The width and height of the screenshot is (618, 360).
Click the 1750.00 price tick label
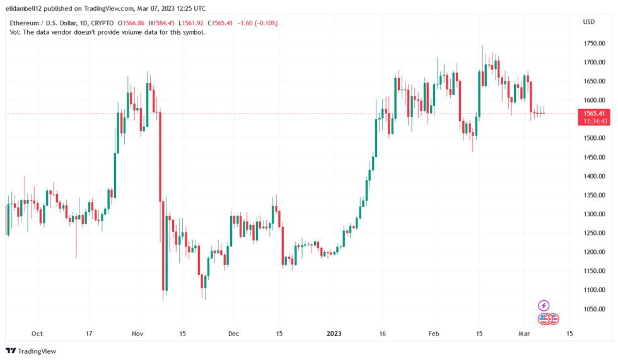pos(594,44)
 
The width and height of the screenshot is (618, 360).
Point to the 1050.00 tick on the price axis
pos(594,309)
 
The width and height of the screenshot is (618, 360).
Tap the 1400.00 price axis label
pos(594,176)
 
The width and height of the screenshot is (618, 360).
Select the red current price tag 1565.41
pos(594,117)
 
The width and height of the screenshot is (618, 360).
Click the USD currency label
pos(589,22)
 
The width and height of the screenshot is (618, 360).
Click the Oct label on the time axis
pos(37,334)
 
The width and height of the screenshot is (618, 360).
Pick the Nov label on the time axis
pos(137,334)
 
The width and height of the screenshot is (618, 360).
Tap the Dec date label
pos(234,334)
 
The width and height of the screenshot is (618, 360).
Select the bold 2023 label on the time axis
pos(334,334)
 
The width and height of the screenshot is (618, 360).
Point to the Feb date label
pos(434,334)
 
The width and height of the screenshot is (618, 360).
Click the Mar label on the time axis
pos(524,334)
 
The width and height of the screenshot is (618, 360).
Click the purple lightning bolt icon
pos(544,305)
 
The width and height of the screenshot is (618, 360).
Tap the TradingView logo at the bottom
pos(31,351)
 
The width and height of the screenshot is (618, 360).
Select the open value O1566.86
pos(131,23)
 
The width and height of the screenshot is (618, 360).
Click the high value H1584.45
pos(161,23)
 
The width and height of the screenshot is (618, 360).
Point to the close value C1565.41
pos(221,23)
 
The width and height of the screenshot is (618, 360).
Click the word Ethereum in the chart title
pos(24,23)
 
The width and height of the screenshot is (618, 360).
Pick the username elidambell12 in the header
pos(23,8)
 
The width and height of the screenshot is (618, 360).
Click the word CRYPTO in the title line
pos(102,23)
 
